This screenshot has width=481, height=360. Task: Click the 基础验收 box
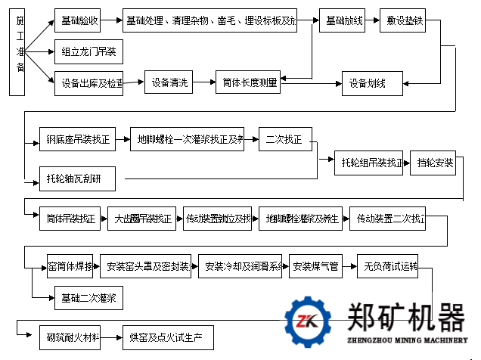pyautogui.click(x=77, y=21)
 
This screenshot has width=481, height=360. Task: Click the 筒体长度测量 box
pyautogui.click(x=247, y=82)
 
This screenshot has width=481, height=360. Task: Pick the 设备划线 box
pyautogui.click(x=367, y=82)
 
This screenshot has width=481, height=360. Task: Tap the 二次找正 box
pyautogui.click(x=284, y=139)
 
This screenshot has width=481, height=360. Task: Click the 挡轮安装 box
pyautogui.click(x=435, y=163)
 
